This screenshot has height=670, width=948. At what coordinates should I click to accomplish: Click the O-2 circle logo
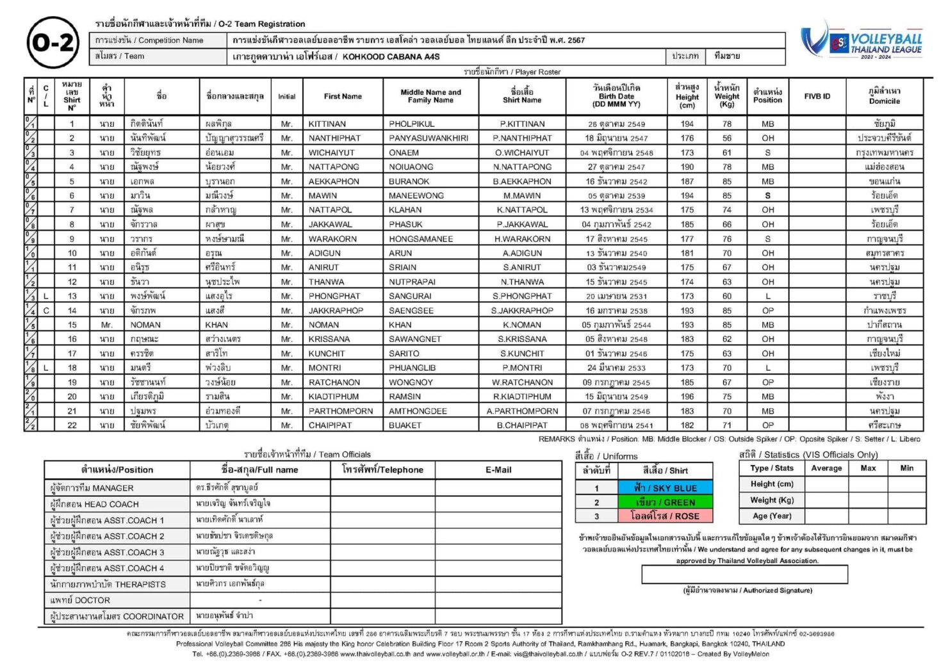point(53,43)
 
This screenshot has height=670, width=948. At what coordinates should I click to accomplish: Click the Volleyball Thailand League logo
point(862,41)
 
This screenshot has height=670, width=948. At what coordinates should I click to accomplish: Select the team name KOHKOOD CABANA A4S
point(391,56)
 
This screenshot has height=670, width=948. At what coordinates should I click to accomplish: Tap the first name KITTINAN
point(327,124)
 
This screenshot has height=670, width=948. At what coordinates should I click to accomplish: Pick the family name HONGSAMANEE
point(420,239)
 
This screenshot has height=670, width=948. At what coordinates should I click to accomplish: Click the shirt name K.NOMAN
point(522,325)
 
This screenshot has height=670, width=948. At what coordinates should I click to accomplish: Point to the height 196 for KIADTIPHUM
point(687,396)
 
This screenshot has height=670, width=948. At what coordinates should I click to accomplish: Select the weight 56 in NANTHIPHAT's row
point(726,138)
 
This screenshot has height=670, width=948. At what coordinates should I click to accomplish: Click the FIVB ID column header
point(817,96)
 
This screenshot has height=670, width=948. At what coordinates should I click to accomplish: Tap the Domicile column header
point(884,96)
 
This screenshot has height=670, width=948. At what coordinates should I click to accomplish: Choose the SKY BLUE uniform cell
point(664,487)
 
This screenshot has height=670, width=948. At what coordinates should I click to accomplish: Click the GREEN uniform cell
point(664,502)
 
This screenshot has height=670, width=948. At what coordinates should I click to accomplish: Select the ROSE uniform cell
point(664,516)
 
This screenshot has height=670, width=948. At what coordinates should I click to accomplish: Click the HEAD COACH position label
point(94,504)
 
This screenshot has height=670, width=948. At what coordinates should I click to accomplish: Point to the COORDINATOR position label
point(117,616)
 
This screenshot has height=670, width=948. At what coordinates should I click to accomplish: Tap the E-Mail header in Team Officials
point(498,470)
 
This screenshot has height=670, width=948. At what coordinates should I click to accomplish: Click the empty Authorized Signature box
point(744,575)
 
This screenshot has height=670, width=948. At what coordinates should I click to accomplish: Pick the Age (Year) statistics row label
point(771,516)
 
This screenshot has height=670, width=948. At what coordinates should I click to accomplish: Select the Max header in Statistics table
point(868,468)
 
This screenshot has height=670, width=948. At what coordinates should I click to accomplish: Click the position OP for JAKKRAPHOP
point(767,311)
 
